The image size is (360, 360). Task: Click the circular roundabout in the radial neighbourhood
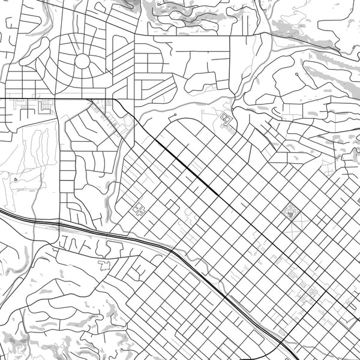point(82,61)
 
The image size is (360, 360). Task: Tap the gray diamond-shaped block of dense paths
point(292,211)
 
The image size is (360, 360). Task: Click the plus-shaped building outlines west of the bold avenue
point(140,210)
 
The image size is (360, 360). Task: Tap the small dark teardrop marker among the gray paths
point(15,178)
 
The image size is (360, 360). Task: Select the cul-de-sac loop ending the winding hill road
point(296,74)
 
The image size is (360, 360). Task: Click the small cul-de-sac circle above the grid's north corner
point(174,115)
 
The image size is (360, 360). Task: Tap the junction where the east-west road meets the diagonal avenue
point(114,98)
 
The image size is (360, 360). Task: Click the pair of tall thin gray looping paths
point(36,147)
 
